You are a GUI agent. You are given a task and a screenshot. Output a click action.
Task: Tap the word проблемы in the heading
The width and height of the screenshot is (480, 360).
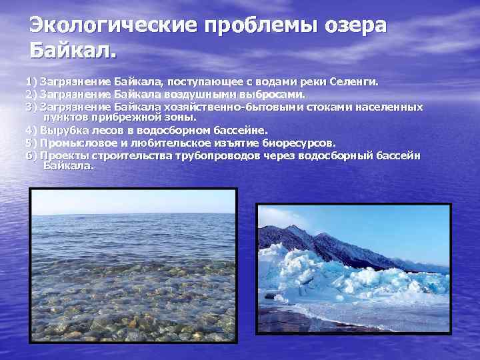tap(246, 26)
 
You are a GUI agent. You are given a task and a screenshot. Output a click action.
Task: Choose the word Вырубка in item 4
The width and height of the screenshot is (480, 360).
tap(63, 130)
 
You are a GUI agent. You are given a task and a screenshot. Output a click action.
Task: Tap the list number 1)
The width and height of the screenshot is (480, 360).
tap(31, 82)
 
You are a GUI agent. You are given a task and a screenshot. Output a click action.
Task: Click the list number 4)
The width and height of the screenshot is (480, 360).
tap(31, 130)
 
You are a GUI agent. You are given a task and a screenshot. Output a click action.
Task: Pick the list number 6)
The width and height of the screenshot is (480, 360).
tap(31, 155)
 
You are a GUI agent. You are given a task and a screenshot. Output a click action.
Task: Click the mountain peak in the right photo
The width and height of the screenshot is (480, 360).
tap(294, 227)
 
